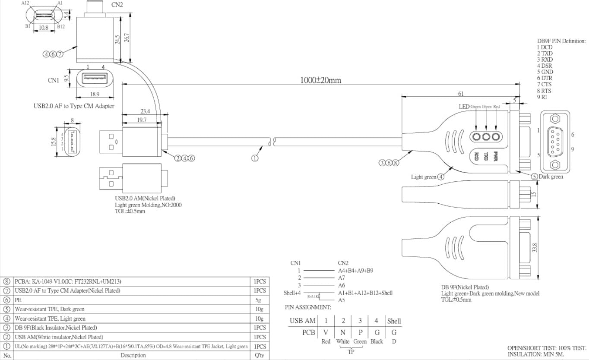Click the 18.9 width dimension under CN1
[94, 94]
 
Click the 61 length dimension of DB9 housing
[461, 93]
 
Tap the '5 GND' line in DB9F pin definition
[545, 72]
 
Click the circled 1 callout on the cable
[255, 158]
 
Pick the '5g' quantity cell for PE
[259, 300]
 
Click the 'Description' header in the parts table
[133, 355]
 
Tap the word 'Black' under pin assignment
[377, 341]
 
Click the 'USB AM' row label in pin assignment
[303, 321]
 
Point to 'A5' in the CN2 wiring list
[342, 300]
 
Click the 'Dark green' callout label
[551, 177]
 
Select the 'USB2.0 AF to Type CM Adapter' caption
[74, 106]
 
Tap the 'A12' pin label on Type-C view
[26, 3]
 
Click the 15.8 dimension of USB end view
[53, 141]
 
